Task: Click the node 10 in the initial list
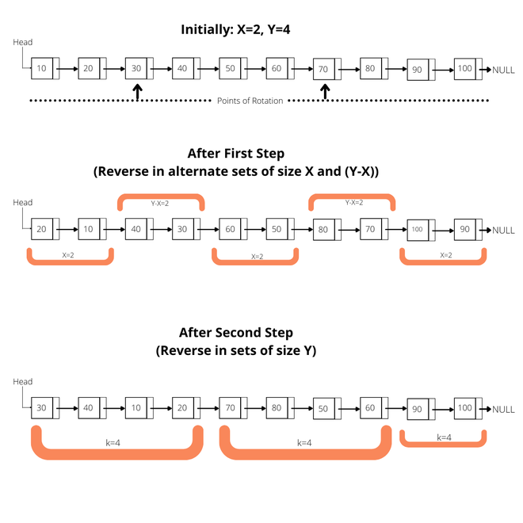click(x=41, y=69)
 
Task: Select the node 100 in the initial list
click(x=464, y=69)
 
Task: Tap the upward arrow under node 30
click(x=137, y=93)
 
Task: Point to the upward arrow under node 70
click(x=325, y=93)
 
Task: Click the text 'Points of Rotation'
click(x=250, y=101)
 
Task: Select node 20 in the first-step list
click(x=41, y=230)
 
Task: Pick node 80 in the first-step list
click(x=323, y=230)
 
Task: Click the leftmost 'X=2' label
click(x=70, y=256)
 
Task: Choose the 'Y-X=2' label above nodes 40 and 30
click(x=161, y=203)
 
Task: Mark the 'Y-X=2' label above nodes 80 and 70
click(x=352, y=203)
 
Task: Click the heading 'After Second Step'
click(x=235, y=333)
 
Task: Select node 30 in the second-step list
click(x=41, y=409)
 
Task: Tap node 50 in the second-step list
click(x=323, y=409)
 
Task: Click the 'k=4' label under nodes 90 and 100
click(x=444, y=437)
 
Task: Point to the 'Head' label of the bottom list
click(x=23, y=382)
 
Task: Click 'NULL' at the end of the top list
click(x=503, y=70)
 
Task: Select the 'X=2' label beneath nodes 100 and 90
click(x=445, y=256)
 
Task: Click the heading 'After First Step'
click(x=235, y=154)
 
